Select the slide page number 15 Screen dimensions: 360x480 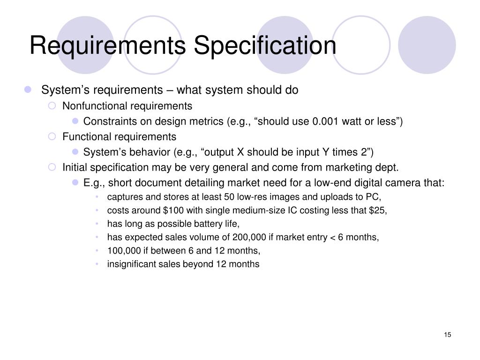coord(447,334)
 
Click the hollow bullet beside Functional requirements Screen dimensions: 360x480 coord(53,137)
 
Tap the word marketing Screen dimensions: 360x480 coord(352,167)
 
